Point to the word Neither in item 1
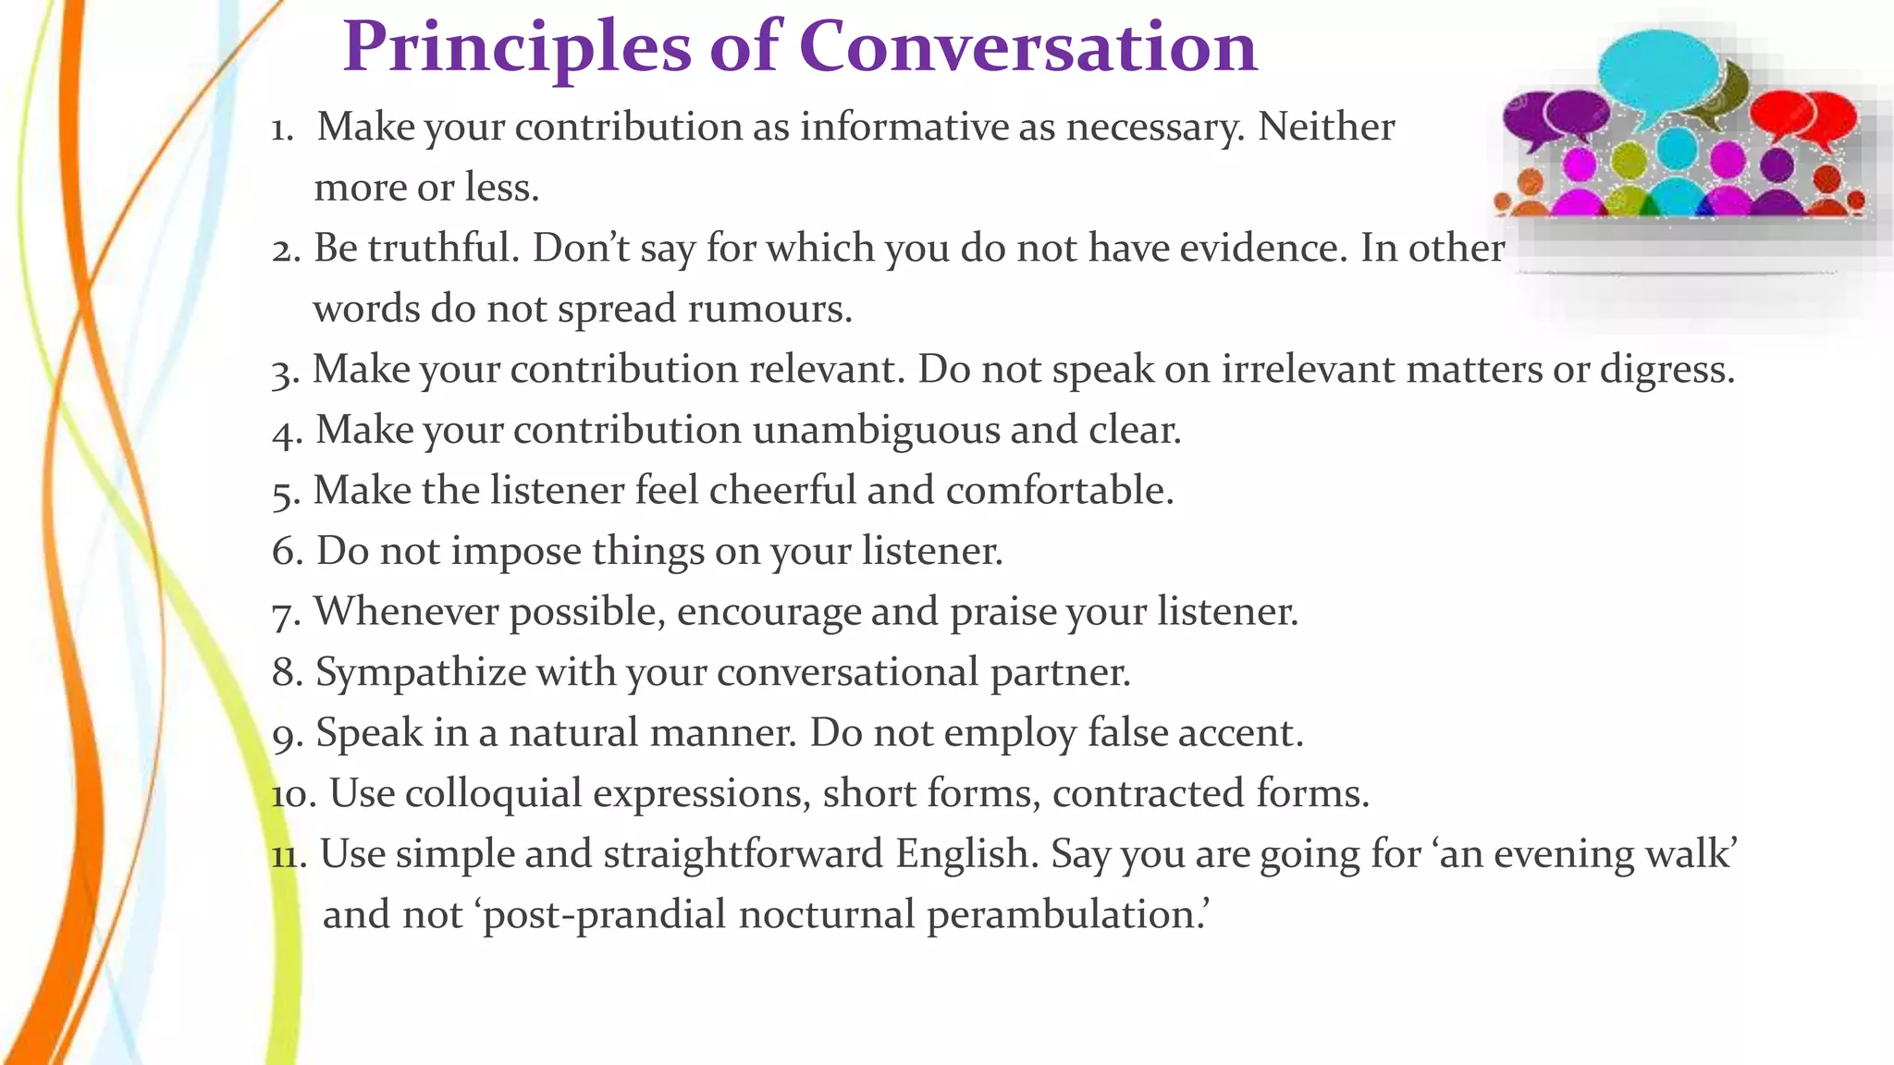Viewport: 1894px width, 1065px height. click(1325, 127)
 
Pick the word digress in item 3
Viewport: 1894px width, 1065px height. click(1666, 370)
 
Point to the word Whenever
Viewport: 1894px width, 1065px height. click(407, 611)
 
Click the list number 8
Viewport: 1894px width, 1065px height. click(287, 673)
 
